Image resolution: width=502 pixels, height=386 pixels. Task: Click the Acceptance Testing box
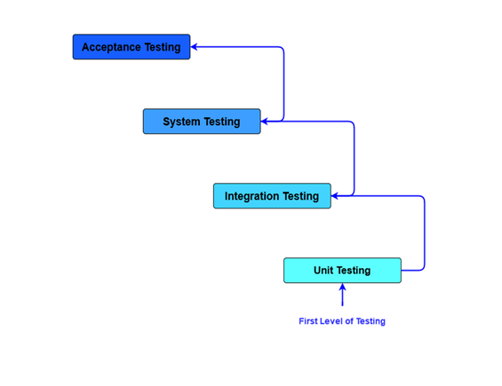click(131, 47)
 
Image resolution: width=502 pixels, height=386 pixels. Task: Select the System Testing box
click(202, 122)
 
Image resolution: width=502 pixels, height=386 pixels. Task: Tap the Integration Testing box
click(272, 196)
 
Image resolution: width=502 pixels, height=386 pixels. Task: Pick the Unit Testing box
click(342, 271)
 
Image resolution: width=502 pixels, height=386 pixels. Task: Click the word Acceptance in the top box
click(110, 47)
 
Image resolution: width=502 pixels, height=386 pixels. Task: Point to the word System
click(182, 122)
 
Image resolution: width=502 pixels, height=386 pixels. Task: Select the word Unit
click(323, 271)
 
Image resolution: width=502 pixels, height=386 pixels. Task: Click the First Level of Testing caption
click(342, 321)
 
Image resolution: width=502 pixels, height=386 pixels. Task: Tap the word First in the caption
click(308, 321)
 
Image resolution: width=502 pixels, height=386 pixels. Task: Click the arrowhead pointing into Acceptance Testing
click(195, 47)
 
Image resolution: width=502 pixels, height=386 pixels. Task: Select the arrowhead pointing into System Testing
click(266, 122)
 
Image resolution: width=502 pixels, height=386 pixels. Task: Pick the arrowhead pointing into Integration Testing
click(336, 196)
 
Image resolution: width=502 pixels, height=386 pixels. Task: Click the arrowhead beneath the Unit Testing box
click(342, 288)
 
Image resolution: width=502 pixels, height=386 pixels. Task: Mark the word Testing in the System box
click(220, 122)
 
